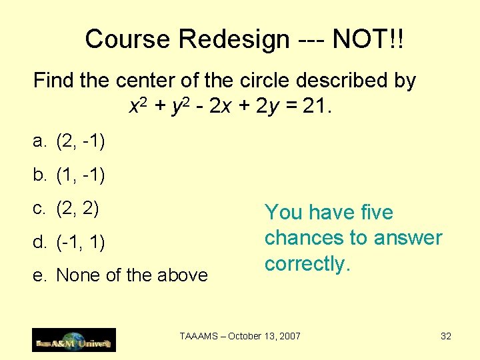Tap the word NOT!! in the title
point(368,39)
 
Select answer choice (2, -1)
point(81,141)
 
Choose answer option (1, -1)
point(81,175)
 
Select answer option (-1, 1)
point(81,242)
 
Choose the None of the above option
point(132,275)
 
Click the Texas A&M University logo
point(74,340)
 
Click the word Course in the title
point(128,39)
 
